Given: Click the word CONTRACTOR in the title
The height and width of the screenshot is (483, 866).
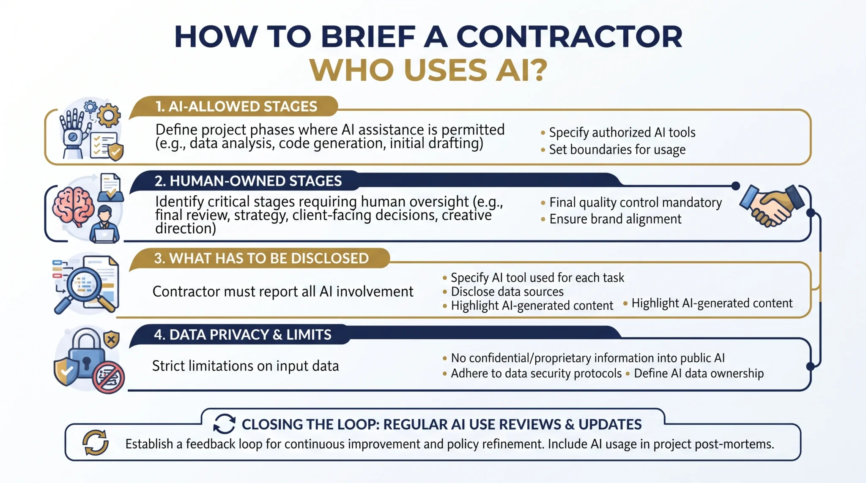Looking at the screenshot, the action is click(569, 37).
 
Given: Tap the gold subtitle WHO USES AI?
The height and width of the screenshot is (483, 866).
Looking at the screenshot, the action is click(428, 70).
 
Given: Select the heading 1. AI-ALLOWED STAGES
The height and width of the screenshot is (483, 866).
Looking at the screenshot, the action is click(236, 106).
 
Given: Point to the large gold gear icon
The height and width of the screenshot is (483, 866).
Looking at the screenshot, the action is click(109, 115).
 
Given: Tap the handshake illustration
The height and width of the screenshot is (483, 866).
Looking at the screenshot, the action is click(772, 205).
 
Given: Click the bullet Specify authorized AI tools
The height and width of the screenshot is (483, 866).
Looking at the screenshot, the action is click(622, 133).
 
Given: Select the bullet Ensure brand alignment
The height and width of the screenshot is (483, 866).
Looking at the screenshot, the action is click(615, 219).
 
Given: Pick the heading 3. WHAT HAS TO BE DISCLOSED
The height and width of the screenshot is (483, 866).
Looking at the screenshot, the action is click(261, 258).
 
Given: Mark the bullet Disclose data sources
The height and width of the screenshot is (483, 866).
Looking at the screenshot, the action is click(507, 292).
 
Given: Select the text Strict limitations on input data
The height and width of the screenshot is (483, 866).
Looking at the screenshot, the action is click(245, 366).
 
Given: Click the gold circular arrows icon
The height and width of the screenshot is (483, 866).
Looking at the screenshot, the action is click(95, 443).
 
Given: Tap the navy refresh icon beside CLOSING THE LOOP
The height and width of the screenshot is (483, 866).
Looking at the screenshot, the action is click(224, 424).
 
